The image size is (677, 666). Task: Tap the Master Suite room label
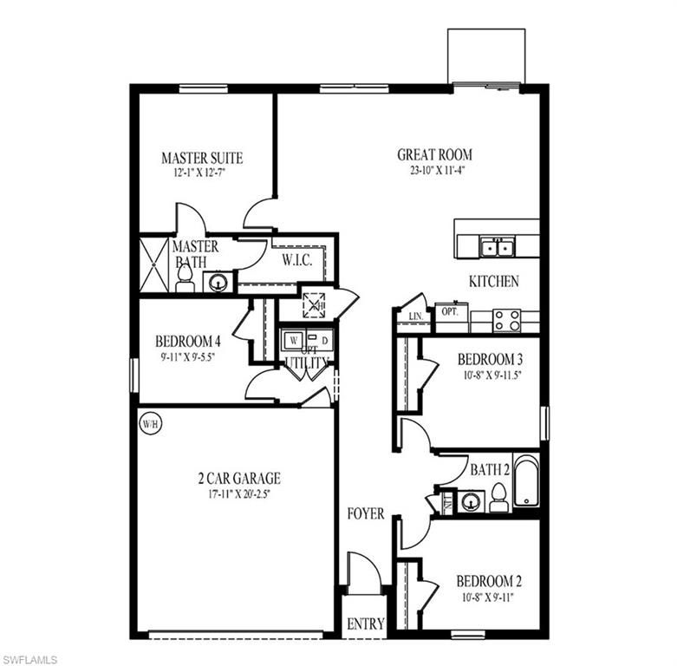(x=202, y=158)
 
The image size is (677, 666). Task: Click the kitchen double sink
(x=496, y=248)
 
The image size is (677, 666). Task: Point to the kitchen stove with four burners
(x=506, y=320)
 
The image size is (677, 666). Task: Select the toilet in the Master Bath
(x=185, y=278)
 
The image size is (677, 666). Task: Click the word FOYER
(x=366, y=513)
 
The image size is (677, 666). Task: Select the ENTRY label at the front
(x=365, y=624)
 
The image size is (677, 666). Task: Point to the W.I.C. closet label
(x=296, y=259)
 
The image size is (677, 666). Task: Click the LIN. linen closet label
(x=413, y=317)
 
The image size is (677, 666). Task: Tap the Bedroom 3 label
(x=490, y=359)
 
